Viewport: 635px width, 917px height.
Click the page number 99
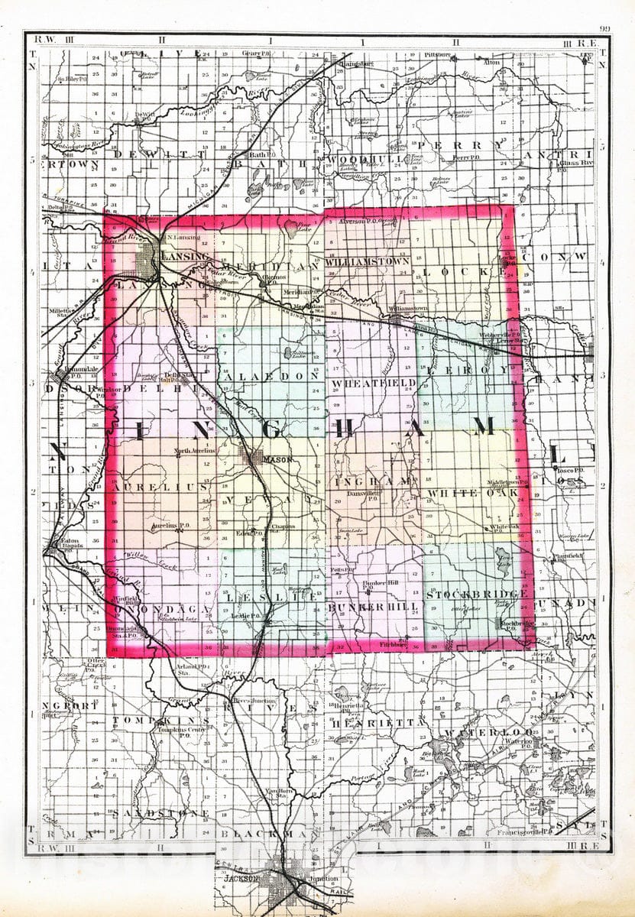(x=604, y=29)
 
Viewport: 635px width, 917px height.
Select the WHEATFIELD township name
(x=374, y=382)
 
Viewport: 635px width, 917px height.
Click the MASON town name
(x=273, y=461)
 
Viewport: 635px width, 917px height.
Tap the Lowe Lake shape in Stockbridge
(x=503, y=557)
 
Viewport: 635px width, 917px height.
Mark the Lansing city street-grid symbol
(x=149, y=264)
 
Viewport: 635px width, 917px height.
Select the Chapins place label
(x=282, y=526)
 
